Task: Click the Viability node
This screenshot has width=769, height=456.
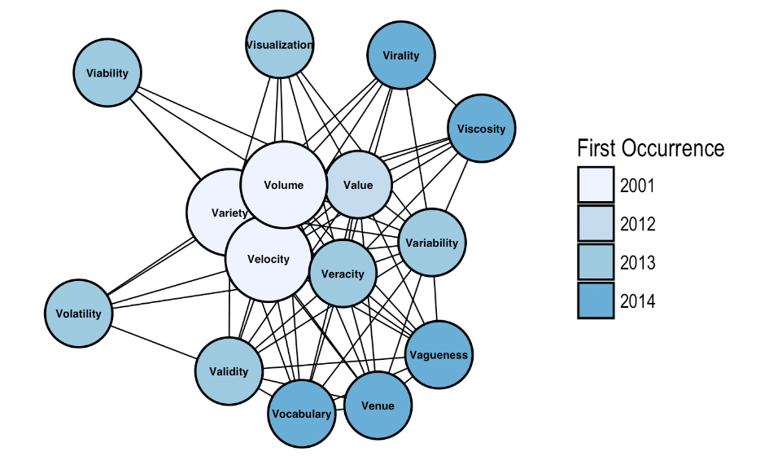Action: coord(108,73)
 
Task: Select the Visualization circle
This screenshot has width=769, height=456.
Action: coord(279,46)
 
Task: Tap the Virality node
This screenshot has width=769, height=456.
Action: coord(401,56)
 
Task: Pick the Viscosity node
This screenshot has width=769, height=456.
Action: coord(481,129)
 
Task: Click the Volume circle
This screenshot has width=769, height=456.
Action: coord(283,185)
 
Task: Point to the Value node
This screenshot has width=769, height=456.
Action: coord(358,185)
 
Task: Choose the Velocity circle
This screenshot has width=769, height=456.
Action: coord(268,260)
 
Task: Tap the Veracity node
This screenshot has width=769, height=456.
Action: coord(343,274)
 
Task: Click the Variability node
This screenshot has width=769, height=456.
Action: coord(432,243)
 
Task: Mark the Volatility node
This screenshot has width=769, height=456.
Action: coord(78,313)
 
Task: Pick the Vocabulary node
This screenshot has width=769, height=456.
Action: coord(302,414)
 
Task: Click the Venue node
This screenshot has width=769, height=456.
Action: coord(378,406)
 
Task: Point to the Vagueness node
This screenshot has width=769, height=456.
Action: coord(439,355)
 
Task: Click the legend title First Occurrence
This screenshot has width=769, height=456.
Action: coord(649,148)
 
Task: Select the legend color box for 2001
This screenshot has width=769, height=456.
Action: coord(596,185)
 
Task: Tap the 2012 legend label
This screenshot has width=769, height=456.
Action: coord(637,224)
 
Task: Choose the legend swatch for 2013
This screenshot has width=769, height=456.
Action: coord(596,262)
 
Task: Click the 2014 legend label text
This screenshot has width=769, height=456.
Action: coord(637,301)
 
